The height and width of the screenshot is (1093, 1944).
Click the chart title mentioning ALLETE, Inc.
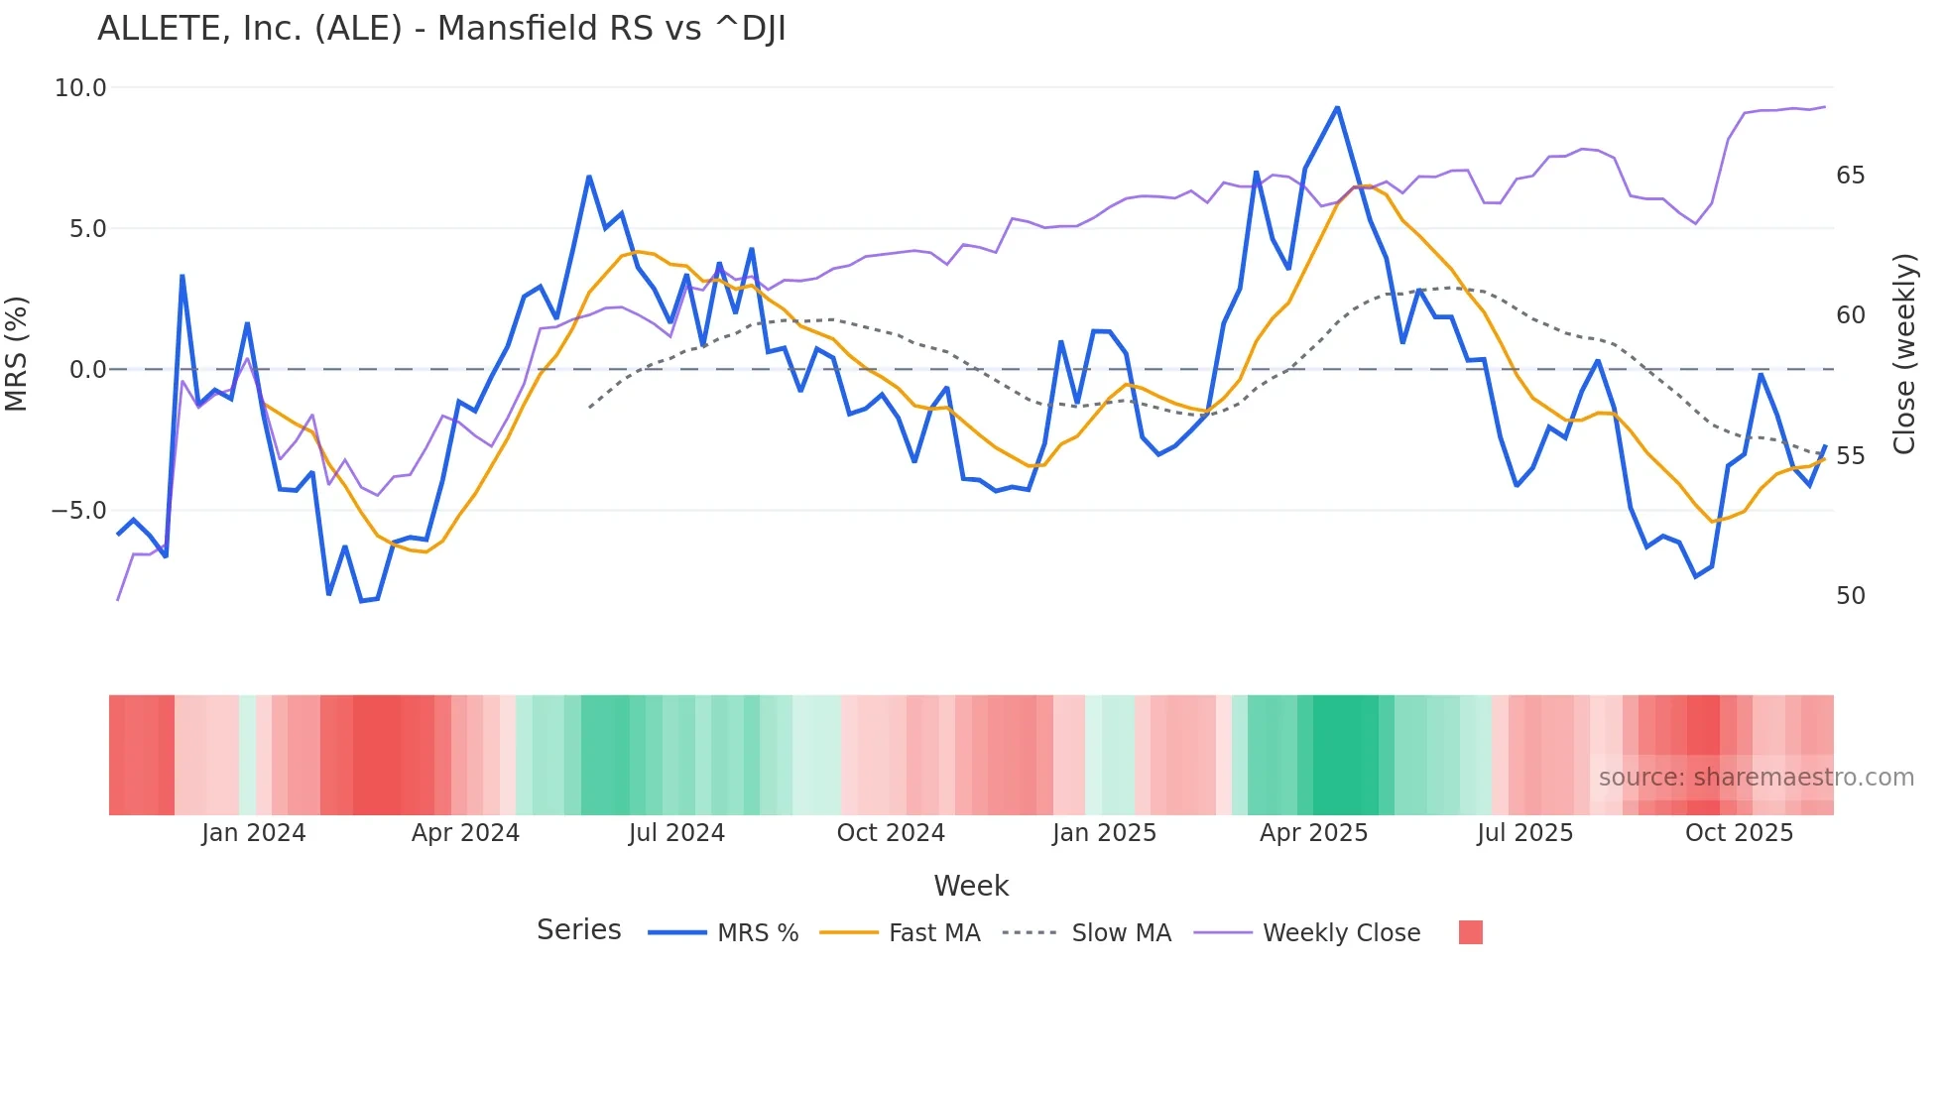441,29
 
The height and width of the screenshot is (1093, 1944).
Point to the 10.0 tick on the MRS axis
79,88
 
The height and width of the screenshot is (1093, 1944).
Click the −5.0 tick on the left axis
78,511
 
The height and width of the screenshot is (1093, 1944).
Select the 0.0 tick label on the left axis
86,370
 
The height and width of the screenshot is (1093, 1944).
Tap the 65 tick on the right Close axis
1850,176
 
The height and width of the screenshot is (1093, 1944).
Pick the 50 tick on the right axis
1850,596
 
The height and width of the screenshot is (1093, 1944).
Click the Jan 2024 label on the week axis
253,833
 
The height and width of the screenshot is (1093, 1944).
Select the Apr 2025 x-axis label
1313,833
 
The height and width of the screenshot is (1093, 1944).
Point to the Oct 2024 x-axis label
891,833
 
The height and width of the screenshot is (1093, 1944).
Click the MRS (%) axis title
17,354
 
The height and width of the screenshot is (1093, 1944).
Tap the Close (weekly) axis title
1903,354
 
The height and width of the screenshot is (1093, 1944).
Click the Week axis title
971,886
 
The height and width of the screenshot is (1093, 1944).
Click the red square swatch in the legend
1470,932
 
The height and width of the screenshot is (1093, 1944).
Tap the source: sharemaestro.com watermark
1756,778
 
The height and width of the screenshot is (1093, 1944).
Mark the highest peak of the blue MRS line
1337,108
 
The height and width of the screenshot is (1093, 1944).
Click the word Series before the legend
578,930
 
